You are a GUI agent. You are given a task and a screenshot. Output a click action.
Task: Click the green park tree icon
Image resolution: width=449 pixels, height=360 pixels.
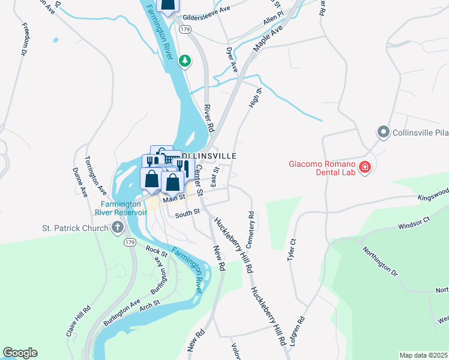pyautogui.click(x=186, y=59)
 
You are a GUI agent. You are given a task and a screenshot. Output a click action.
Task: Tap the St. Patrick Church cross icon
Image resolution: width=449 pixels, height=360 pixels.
pyautogui.click(x=117, y=227)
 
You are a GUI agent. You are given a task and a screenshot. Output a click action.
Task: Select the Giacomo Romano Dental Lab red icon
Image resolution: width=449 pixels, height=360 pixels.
pyautogui.click(x=364, y=167)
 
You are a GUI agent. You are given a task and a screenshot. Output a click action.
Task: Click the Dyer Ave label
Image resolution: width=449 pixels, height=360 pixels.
pyautogui.click(x=232, y=60)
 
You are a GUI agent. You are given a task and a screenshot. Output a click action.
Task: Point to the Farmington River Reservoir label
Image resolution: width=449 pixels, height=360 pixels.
pyautogui.click(x=121, y=208)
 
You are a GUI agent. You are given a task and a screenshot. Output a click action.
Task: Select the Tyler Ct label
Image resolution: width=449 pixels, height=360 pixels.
pyautogui.click(x=292, y=249)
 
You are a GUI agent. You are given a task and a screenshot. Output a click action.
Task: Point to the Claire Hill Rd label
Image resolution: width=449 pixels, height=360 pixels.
pyautogui.click(x=79, y=320)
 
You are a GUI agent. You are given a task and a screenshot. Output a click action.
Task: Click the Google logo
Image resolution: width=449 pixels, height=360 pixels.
pyautogui.click(x=20, y=353)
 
